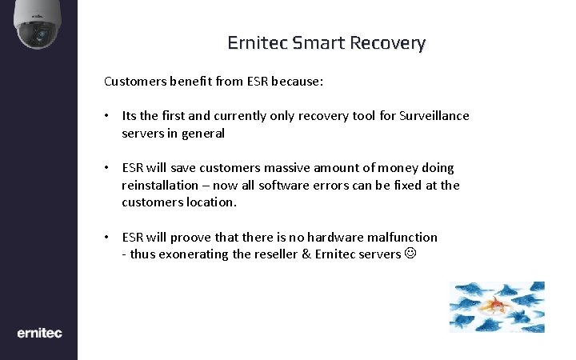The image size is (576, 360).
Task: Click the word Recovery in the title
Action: click(x=387, y=42)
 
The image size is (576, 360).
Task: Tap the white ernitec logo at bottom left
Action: click(x=39, y=333)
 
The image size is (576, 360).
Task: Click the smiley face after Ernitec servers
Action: click(x=410, y=254)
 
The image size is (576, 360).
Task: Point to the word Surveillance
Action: click(x=434, y=116)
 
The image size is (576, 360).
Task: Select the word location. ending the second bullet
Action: click(x=210, y=202)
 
